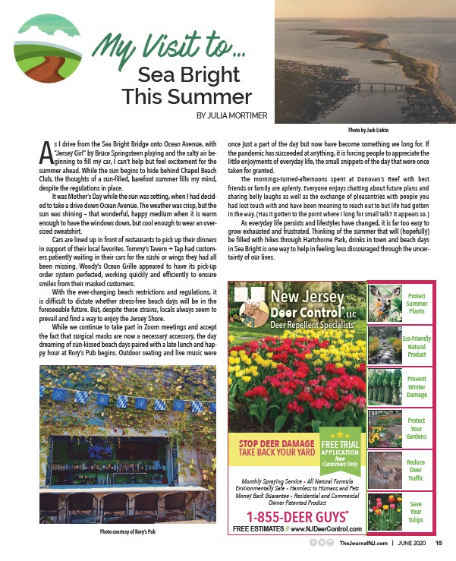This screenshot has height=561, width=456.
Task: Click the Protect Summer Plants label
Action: [x=416, y=304]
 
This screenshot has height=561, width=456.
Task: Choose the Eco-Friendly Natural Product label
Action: [x=416, y=345]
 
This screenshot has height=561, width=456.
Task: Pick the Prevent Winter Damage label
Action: [x=416, y=386]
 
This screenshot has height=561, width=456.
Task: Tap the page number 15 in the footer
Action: [x=439, y=543]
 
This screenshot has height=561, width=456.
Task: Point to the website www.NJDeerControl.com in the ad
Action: [x=325, y=528]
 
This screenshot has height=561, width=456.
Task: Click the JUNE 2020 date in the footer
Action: [x=410, y=543]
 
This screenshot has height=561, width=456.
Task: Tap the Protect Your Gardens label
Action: [x=416, y=428]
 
